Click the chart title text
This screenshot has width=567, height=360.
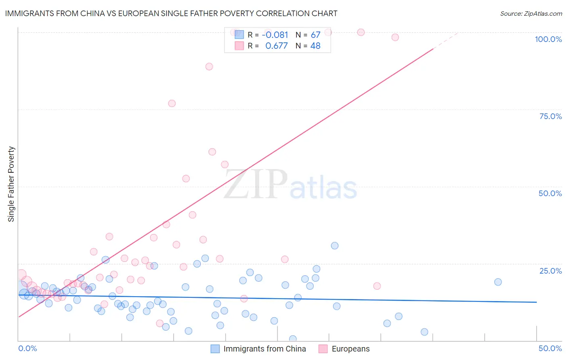tap(171, 13)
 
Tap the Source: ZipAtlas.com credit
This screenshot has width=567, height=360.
tap(531, 14)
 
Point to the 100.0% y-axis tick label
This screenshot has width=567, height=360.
tap(548, 39)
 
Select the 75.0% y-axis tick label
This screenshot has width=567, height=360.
tap(550, 116)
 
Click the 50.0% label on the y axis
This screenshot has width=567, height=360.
tap(550, 193)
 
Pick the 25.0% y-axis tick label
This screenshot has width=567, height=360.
tap(550, 271)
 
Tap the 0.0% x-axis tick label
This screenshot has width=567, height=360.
tap(27, 348)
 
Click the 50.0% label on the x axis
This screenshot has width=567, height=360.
tap(550, 348)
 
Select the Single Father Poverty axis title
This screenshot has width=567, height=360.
tap(11, 184)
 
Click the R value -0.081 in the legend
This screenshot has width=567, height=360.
tap(275, 35)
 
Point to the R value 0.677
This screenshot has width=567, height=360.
tap(276, 46)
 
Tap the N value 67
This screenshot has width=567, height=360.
tap(315, 35)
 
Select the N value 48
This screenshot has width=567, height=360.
tap(315, 46)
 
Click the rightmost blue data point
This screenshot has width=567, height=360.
tap(498, 282)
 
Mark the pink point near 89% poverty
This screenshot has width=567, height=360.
tap(209, 67)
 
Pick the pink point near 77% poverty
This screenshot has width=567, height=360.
tap(172, 103)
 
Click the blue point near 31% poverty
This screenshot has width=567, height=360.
tap(335, 246)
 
